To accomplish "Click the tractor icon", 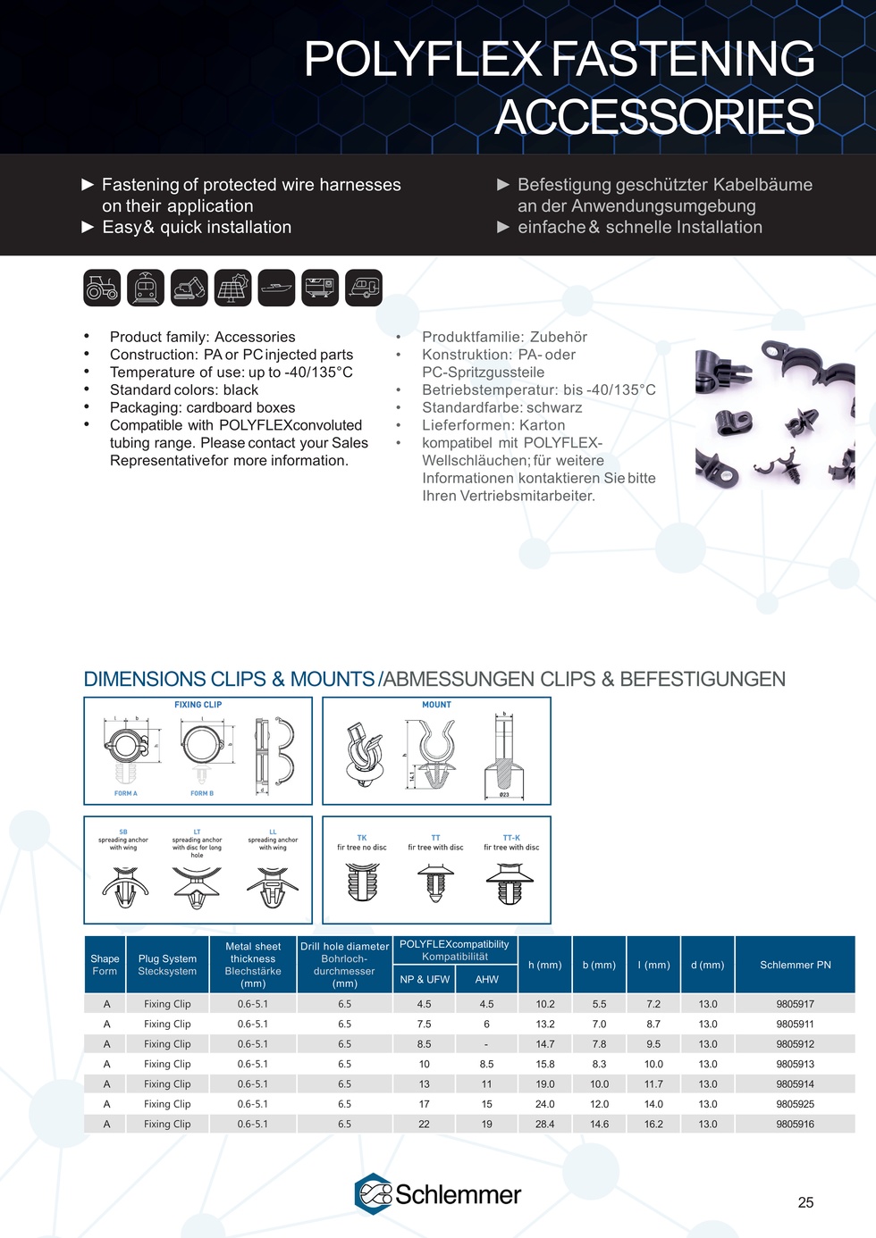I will [x=102, y=288].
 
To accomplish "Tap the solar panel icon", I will [x=232, y=288].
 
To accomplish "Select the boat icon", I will [x=276, y=288].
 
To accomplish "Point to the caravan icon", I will [x=364, y=288].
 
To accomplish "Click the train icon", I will [x=146, y=288].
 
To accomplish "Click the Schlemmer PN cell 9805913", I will [x=795, y=1064].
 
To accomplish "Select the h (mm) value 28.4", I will [x=545, y=1124].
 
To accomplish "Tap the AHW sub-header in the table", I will [x=486, y=979].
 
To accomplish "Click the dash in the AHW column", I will [x=486, y=1044].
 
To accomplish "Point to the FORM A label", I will [x=125, y=793].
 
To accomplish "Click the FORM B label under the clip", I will [x=202, y=793].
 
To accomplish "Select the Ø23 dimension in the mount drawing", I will [x=504, y=795].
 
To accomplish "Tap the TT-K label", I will [x=511, y=838].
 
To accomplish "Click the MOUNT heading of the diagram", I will [x=436, y=705].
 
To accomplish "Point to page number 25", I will [x=805, y=1202].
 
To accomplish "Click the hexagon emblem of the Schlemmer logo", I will [x=373, y=1193].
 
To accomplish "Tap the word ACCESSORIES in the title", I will [x=654, y=117].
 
